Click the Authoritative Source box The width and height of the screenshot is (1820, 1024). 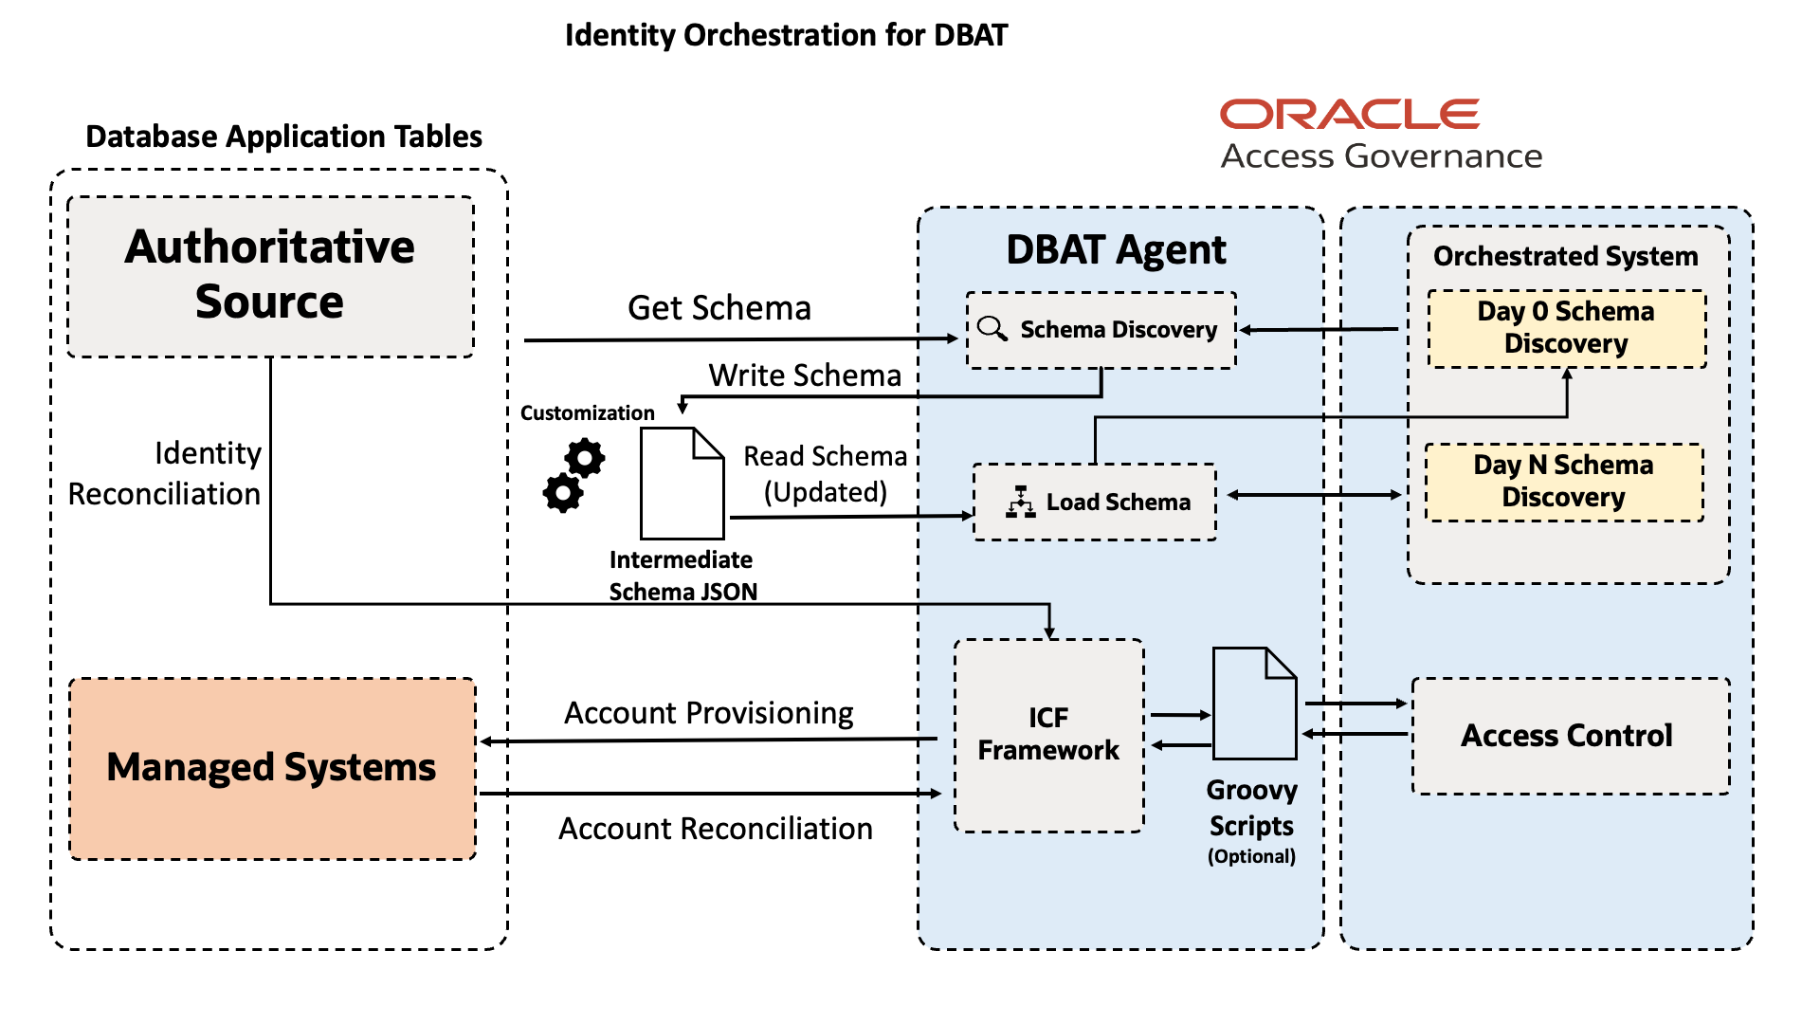point(270,276)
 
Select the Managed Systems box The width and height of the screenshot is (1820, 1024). point(272,768)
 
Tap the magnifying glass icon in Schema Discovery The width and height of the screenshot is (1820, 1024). point(992,329)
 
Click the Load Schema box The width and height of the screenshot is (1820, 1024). point(1096,502)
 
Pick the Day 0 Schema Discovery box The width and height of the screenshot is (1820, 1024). point(1566,328)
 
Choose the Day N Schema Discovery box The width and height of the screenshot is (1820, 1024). point(1564,482)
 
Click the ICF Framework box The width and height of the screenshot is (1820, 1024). point(1048,735)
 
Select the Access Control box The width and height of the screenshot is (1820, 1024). point(1569,736)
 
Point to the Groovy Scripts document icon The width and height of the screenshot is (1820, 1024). point(1253,704)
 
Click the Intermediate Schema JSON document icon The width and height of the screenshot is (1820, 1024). point(682,484)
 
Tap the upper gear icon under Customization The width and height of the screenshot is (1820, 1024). point(585,458)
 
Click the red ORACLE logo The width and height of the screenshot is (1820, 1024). point(1349,114)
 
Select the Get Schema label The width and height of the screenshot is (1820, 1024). point(719,308)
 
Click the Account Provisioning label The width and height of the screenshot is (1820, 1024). point(709,713)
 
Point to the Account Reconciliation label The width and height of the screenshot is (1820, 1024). point(715,829)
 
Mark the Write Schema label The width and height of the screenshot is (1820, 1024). point(805,375)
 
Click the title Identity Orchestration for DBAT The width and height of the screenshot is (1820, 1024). point(786,35)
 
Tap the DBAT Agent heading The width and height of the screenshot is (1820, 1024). point(1116,250)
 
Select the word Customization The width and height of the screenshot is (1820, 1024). point(587,413)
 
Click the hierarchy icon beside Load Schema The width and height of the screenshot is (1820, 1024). point(1020,502)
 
